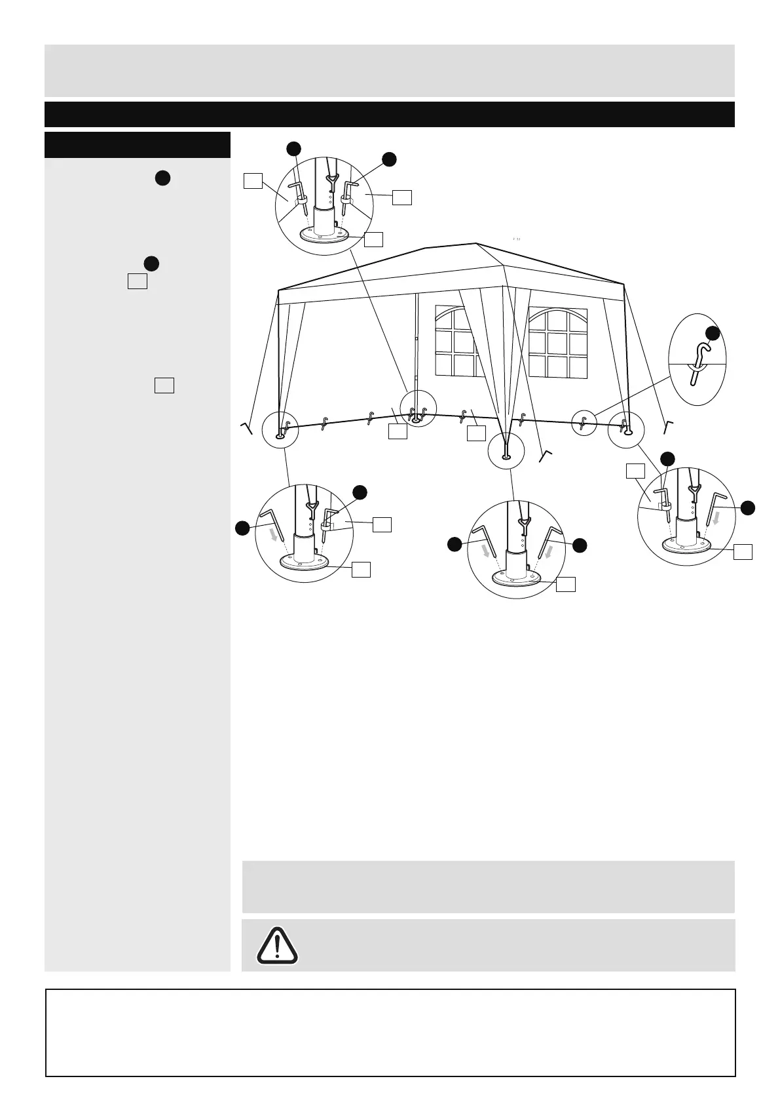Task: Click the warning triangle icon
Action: (x=278, y=945)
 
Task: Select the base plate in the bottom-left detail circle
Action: (x=305, y=561)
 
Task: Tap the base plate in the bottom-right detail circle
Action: (x=688, y=544)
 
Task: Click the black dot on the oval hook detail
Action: (x=713, y=333)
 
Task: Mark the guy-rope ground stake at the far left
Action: (x=247, y=428)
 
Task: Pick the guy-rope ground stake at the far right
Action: (x=667, y=425)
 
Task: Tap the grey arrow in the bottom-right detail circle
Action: (x=716, y=517)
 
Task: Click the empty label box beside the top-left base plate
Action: (x=373, y=239)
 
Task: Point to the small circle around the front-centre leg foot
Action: (x=506, y=450)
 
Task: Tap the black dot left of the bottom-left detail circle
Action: (x=242, y=528)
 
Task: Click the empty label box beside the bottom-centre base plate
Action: (x=566, y=584)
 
